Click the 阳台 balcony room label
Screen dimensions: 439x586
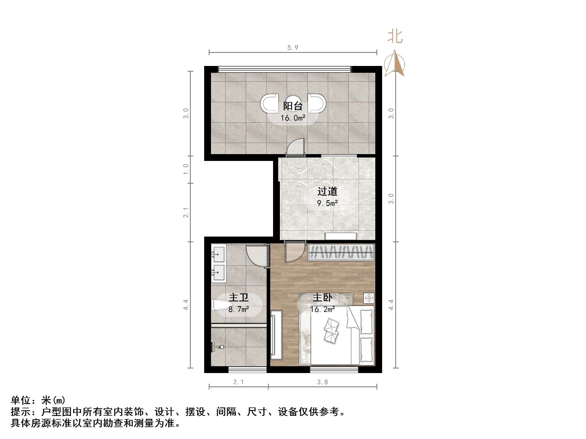(x=293, y=106)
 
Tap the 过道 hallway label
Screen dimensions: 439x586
(x=327, y=191)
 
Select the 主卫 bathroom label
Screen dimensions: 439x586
(x=239, y=298)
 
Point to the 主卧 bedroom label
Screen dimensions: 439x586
(x=322, y=298)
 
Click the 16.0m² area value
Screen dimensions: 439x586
(x=293, y=118)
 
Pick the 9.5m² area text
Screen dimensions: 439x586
(x=327, y=203)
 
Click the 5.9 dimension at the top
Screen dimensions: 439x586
(x=293, y=48)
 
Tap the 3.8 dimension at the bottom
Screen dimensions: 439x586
(x=322, y=382)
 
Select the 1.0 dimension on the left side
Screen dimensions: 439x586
(x=186, y=169)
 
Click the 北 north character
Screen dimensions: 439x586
(x=395, y=37)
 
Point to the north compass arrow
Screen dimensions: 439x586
(x=394, y=63)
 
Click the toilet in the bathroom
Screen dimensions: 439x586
(x=220, y=306)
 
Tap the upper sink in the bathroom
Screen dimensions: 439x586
(x=219, y=254)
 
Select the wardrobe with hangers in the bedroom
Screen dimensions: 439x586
(x=341, y=252)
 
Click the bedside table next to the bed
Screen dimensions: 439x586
(x=369, y=298)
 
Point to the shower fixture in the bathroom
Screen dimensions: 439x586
(x=218, y=347)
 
